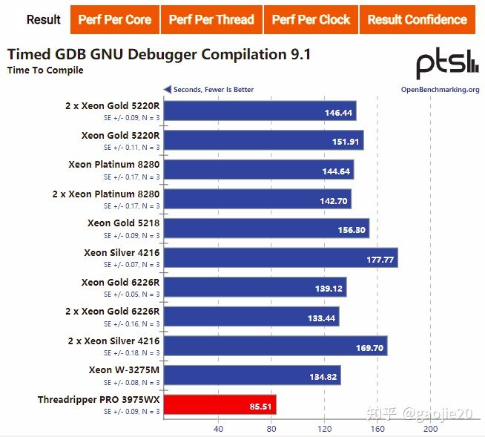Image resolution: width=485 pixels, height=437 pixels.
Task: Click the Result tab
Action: click(43, 19)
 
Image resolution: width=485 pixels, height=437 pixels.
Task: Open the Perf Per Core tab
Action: click(114, 19)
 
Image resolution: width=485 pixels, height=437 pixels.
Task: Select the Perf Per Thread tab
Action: click(211, 19)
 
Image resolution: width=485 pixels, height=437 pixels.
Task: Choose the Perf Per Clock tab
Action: click(311, 19)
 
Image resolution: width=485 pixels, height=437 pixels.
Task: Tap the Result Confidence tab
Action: click(418, 19)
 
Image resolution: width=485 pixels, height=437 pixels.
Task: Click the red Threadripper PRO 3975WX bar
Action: click(220, 404)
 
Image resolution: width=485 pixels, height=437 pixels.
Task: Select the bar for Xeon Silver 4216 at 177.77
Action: click(280, 259)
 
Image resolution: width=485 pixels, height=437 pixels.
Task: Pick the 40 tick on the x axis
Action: click(218, 429)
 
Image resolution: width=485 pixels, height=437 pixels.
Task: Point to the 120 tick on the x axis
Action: click(324, 429)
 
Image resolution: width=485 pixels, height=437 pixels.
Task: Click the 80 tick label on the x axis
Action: click(271, 429)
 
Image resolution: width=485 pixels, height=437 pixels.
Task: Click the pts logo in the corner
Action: click(446, 65)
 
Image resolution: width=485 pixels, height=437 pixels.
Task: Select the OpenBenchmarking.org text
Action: click(440, 90)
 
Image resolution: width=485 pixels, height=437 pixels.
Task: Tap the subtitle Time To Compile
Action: click(45, 70)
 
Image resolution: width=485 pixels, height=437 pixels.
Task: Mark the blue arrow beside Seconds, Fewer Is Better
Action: click(167, 90)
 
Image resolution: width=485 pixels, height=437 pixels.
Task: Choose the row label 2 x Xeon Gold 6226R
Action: click(106, 312)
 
